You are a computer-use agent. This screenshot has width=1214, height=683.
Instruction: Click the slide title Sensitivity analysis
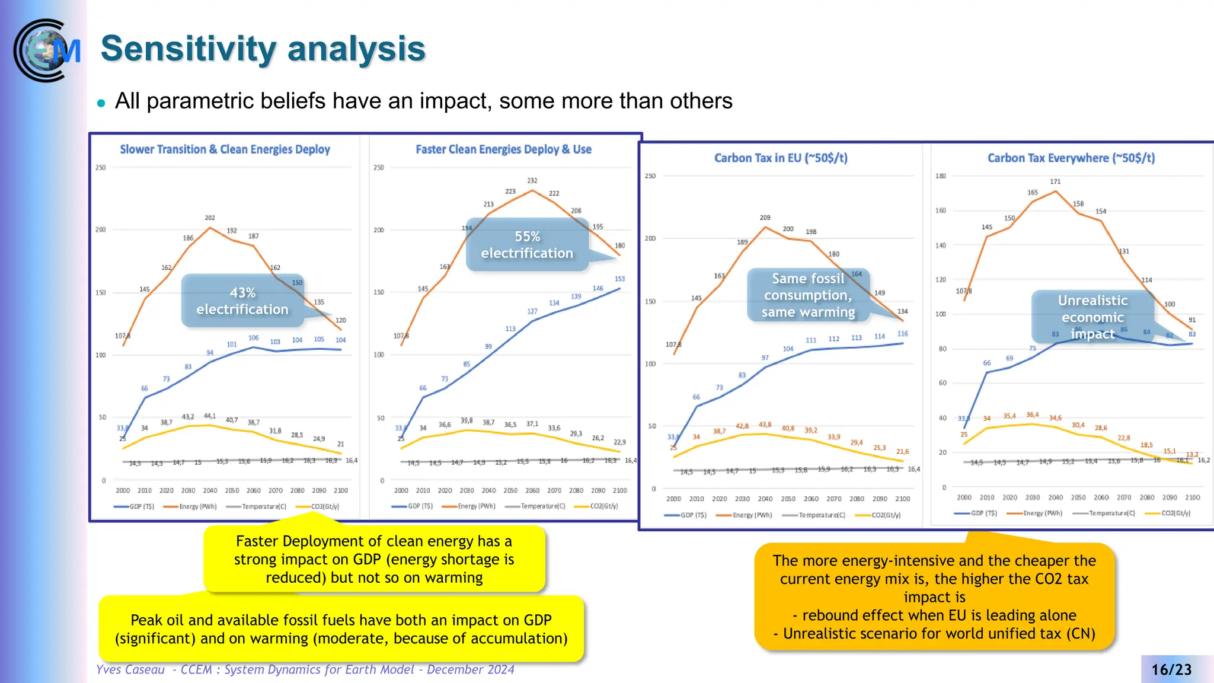click(x=263, y=49)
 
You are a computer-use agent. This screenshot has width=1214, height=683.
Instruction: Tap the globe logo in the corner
click(x=46, y=50)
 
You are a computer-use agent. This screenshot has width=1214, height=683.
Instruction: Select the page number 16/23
click(x=1171, y=669)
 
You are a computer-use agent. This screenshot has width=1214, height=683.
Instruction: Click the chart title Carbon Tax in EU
click(x=780, y=158)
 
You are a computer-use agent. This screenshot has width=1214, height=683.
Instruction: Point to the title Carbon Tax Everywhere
click(x=1071, y=158)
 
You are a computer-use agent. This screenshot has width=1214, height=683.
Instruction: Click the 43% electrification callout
click(x=242, y=301)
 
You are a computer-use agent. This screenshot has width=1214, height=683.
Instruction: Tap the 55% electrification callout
click(x=526, y=245)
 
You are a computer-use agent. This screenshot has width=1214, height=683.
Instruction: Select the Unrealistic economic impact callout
click(x=1092, y=317)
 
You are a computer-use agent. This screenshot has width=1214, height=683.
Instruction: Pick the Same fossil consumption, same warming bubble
click(x=807, y=295)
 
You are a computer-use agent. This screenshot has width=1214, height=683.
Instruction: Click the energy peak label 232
click(x=532, y=181)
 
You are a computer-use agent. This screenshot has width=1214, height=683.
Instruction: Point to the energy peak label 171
click(x=1055, y=182)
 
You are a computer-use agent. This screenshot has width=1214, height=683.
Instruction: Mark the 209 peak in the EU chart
click(x=765, y=218)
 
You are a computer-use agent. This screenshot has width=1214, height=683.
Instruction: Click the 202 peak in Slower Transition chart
click(x=210, y=218)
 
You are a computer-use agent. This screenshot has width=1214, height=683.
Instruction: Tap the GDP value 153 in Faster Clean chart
click(x=619, y=279)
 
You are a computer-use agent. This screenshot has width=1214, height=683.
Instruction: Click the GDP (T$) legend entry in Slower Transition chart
click(x=141, y=507)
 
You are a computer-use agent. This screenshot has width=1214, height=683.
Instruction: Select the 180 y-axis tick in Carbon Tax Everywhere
click(x=941, y=176)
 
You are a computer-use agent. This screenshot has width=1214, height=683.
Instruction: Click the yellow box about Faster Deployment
click(x=373, y=559)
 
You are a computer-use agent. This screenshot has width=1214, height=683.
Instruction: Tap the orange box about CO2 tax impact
click(x=934, y=596)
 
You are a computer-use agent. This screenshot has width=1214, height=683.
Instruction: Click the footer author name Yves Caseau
click(x=130, y=670)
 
